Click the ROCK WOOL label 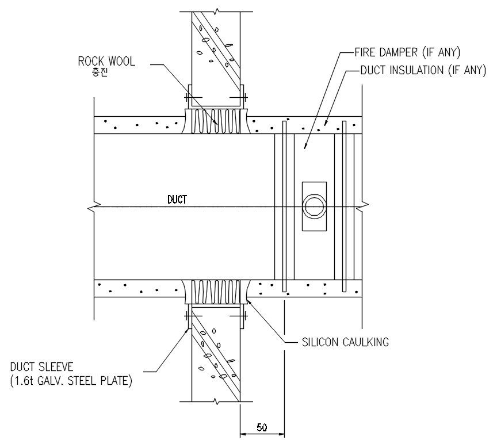[x=107, y=62]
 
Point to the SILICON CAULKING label [x=345, y=342]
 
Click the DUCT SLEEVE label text [x=40, y=367]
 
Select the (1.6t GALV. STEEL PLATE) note [x=71, y=380]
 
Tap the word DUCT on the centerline [x=177, y=200]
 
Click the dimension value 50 [x=262, y=427]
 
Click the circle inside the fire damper [x=314, y=206]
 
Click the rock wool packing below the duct [x=216, y=292]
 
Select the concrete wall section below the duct [x=216, y=357]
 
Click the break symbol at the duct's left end [x=94, y=205]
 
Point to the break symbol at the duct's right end [x=361, y=205]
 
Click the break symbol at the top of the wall [x=216, y=11]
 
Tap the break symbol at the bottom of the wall [x=216, y=401]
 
